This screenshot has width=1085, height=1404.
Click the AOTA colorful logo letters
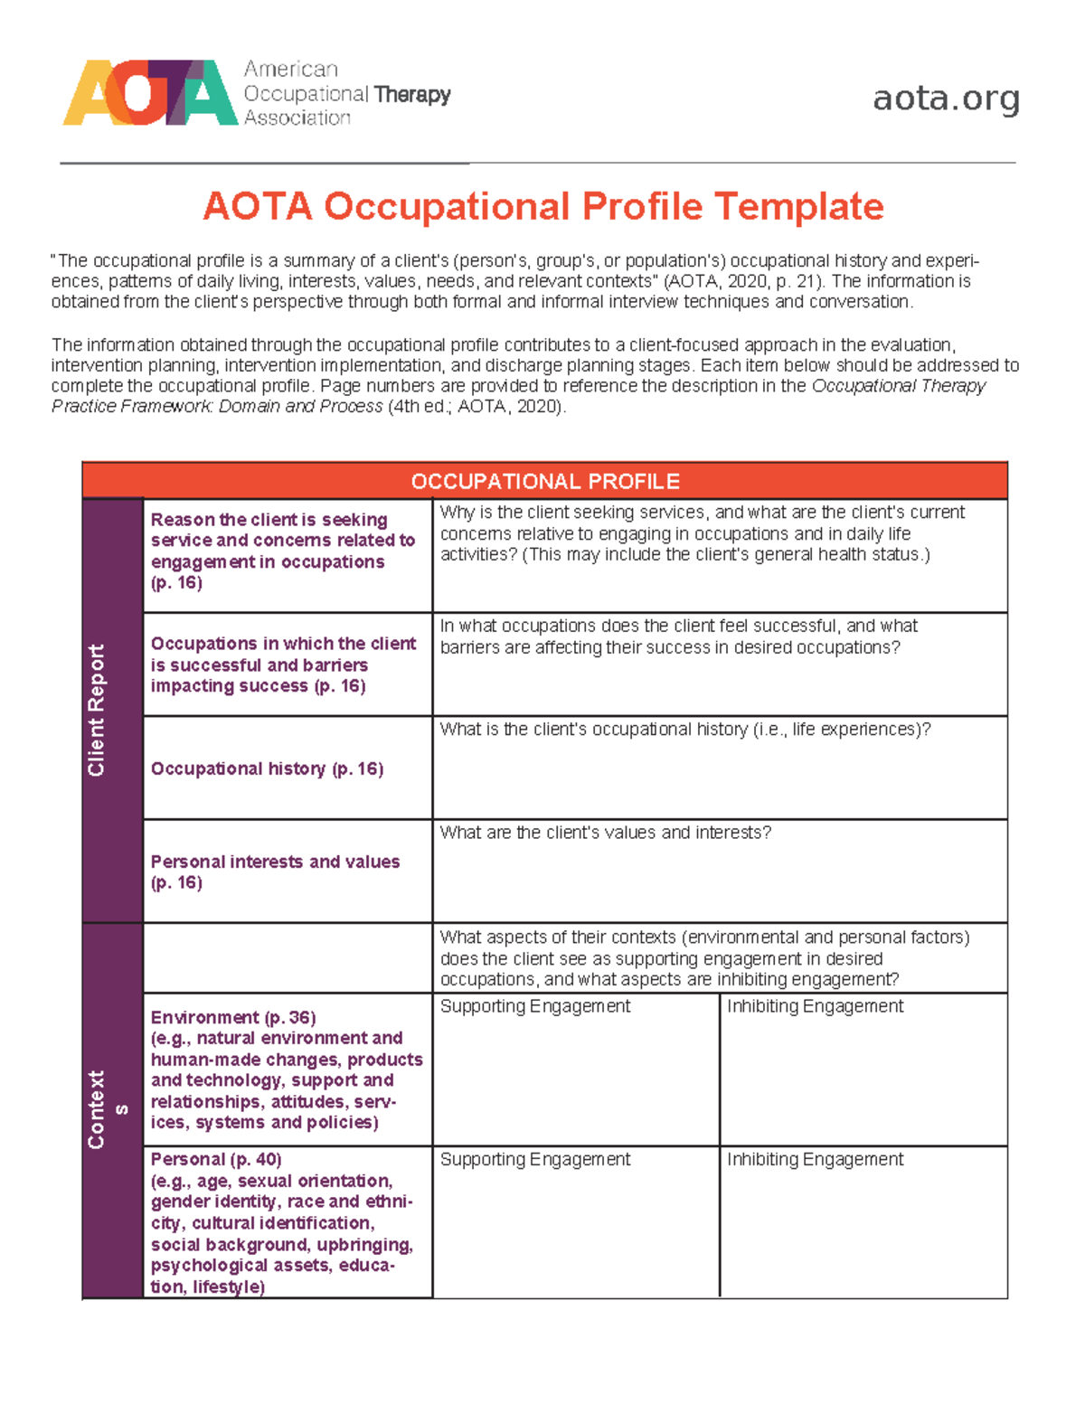click(x=150, y=93)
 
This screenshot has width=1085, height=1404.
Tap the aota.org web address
click(x=946, y=98)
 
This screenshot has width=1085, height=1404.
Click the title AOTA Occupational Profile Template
click(x=542, y=206)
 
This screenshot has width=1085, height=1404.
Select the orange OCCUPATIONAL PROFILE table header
click(x=544, y=481)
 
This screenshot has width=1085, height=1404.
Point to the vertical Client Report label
click(x=96, y=710)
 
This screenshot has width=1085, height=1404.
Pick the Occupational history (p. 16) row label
click(x=267, y=768)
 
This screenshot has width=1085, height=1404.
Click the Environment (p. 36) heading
click(x=233, y=1017)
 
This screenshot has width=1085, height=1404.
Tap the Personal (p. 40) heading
click(x=216, y=1159)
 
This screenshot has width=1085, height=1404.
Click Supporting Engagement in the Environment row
click(x=534, y=1006)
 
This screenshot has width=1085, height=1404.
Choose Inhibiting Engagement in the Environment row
click(x=815, y=1006)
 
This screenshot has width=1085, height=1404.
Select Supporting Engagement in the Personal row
click(x=534, y=1159)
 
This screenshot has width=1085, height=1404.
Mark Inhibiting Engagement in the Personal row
click(x=815, y=1159)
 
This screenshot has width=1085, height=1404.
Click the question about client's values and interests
click(x=605, y=833)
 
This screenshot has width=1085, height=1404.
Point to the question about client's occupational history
click(x=684, y=730)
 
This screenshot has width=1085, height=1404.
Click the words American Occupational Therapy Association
click(x=346, y=93)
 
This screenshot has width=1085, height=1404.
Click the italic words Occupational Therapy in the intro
click(x=898, y=386)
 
